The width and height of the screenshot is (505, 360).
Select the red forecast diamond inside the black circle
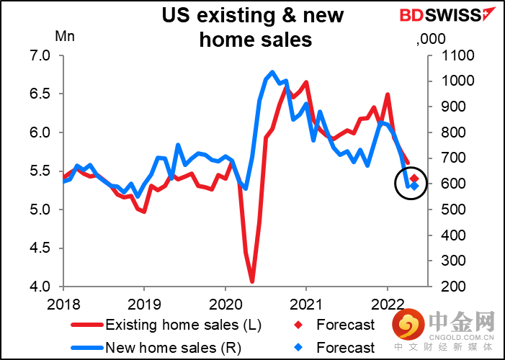(x=415, y=178)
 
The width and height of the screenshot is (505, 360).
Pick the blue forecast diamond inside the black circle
(x=414, y=186)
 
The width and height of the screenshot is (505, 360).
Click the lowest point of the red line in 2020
(x=252, y=281)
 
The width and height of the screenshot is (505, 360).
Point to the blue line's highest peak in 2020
(x=272, y=72)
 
